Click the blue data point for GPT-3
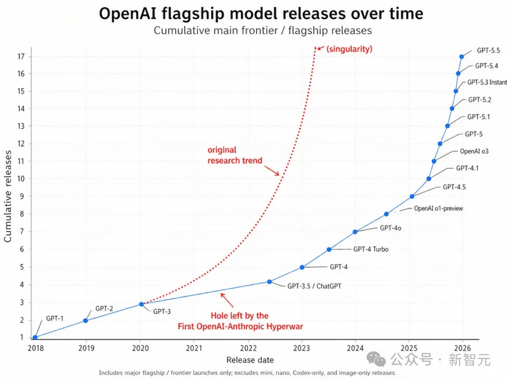[x=141, y=305]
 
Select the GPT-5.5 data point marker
[x=462, y=56]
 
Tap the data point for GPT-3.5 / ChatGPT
[x=269, y=282]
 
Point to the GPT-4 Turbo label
[x=371, y=250]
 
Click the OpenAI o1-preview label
[x=438, y=208]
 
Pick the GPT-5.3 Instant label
[x=487, y=82]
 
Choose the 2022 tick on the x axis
[x=248, y=347]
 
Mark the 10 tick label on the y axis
[x=22, y=179]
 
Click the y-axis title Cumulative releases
[x=9, y=197]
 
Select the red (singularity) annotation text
[x=349, y=49]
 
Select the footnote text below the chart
[x=247, y=373]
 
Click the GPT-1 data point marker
[x=35, y=337]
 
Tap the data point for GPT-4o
[x=355, y=232]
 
